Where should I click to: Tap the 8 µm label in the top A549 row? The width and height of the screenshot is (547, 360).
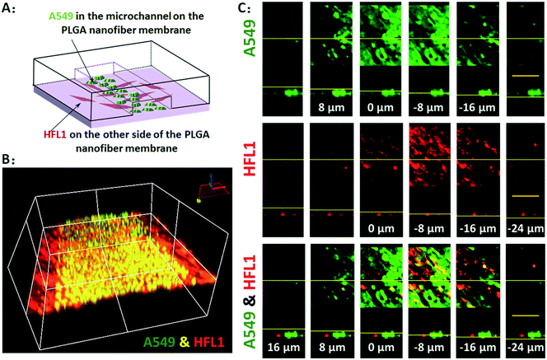coord(328,106)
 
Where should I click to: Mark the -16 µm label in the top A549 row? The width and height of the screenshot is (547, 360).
coord(475,106)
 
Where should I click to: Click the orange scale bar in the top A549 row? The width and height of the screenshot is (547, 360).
coord(525,75)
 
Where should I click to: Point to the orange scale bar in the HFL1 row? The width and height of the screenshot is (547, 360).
coord(525,196)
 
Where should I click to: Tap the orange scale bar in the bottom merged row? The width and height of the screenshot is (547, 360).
coord(525,315)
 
